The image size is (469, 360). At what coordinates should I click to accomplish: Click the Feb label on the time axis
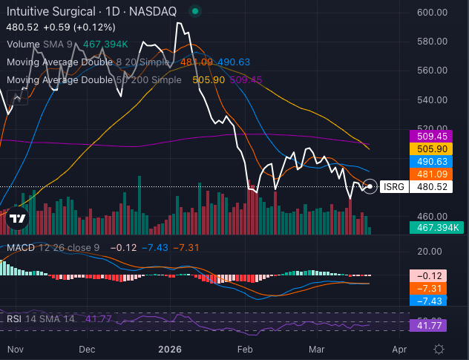coord(245,348)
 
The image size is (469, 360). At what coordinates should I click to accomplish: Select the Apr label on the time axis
coord(399,348)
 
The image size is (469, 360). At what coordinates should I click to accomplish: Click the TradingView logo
coord(17,218)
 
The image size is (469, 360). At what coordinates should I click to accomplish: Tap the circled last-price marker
coord(370,186)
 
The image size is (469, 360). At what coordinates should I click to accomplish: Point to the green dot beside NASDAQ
coord(194,12)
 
